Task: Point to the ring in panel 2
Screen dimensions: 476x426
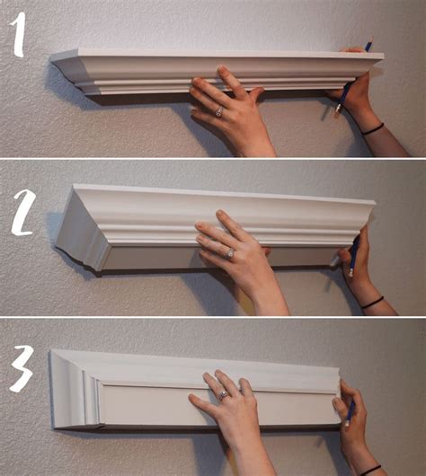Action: (x=228, y=254)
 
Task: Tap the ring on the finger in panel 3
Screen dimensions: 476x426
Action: (x=223, y=394)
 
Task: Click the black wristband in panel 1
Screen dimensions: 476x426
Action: (x=373, y=129)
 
